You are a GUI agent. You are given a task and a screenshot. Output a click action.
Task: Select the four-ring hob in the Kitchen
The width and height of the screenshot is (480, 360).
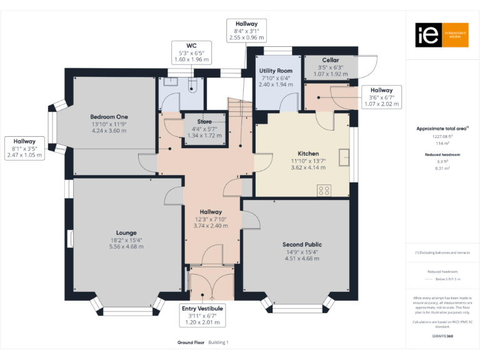324,190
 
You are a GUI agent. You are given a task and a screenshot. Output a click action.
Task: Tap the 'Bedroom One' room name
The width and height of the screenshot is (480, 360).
109,117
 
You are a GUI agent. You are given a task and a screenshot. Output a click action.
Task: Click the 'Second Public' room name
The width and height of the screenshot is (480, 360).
302,244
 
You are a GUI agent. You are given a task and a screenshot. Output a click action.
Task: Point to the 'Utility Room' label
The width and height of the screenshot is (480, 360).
276,71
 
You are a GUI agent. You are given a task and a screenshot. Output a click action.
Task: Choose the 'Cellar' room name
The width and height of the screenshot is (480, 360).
331,60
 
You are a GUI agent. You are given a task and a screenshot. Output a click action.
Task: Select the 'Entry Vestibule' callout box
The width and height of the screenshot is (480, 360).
202,315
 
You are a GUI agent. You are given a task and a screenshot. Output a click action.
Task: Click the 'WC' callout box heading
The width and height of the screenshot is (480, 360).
192,46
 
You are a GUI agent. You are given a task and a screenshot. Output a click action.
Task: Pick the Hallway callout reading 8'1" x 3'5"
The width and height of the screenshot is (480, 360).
24,148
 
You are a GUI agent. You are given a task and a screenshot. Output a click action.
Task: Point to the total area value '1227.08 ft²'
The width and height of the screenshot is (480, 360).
442,136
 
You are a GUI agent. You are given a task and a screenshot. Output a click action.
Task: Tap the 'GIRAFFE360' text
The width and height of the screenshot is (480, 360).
442,336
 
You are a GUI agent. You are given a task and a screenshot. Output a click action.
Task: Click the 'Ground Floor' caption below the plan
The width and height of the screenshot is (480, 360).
190,342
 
